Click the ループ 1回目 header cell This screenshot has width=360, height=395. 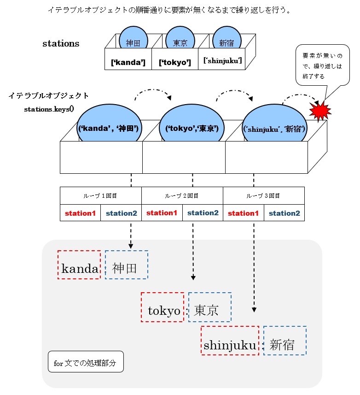point(100,195)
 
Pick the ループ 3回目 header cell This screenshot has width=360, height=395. point(263,195)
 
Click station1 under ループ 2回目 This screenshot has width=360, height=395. point(162,213)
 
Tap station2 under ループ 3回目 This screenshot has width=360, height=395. point(284,213)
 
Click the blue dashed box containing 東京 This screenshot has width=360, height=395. point(209,307)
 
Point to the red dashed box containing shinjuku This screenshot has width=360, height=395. point(230,341)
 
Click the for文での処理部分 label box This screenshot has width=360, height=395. point(86,363)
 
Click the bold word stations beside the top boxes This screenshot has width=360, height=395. point(61,44)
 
